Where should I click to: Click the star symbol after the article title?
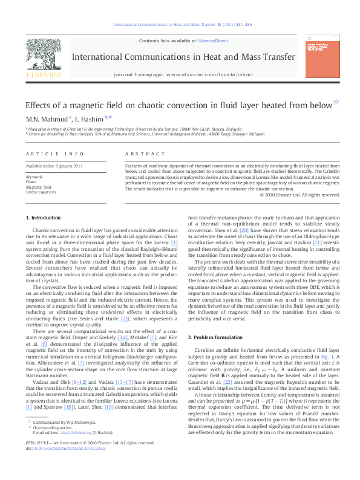pyautogui.click(x=336, y=103)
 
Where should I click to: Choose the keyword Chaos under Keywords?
pyautogui.click(x=31, y=181)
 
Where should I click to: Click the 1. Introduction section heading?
pyautogui.click(x=44, y=217)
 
